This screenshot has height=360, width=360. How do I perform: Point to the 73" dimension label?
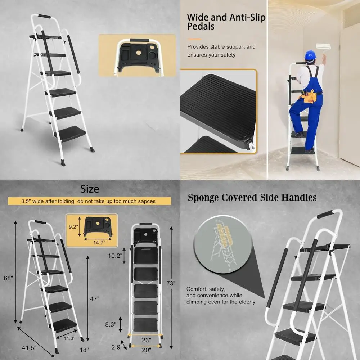pos(171,283)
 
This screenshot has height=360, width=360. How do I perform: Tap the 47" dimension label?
pos(95,298)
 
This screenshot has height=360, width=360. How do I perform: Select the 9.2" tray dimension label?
pos(73,227)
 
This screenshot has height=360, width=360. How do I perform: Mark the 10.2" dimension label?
pos(115,256)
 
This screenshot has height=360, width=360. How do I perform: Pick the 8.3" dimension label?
pos(111,324)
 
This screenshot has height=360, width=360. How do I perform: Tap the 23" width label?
pos(146,339)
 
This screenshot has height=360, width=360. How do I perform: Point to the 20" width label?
pos(146,349)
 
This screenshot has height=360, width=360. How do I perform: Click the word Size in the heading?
pos(90,189)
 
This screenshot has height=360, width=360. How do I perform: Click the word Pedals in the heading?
pos(201,26)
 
